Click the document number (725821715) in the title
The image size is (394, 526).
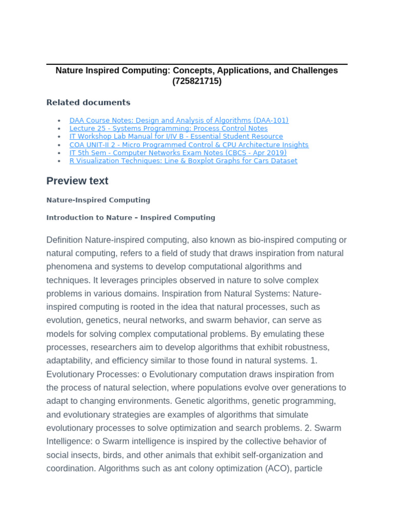coord(197,81)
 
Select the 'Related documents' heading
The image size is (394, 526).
coord(88,102)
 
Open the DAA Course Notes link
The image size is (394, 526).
coord(179,120)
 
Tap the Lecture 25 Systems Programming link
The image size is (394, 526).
coord(168,128)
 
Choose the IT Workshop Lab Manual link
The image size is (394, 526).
coord(176,137)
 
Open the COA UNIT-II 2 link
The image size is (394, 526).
coord(189,145)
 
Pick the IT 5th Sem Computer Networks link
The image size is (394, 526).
coord(178,153)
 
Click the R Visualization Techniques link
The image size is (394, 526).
coord(183,161)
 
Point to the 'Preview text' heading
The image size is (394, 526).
coord(77,181)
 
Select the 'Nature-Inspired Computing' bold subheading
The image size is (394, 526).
coord(98,200)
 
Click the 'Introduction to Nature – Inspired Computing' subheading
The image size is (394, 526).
coord(131,217)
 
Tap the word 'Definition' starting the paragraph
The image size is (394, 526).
coord(64,240)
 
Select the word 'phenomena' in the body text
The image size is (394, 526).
coord(68,267)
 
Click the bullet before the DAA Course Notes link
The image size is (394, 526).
coord(60,121)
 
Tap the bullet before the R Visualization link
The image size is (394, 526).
coord(60,161)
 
